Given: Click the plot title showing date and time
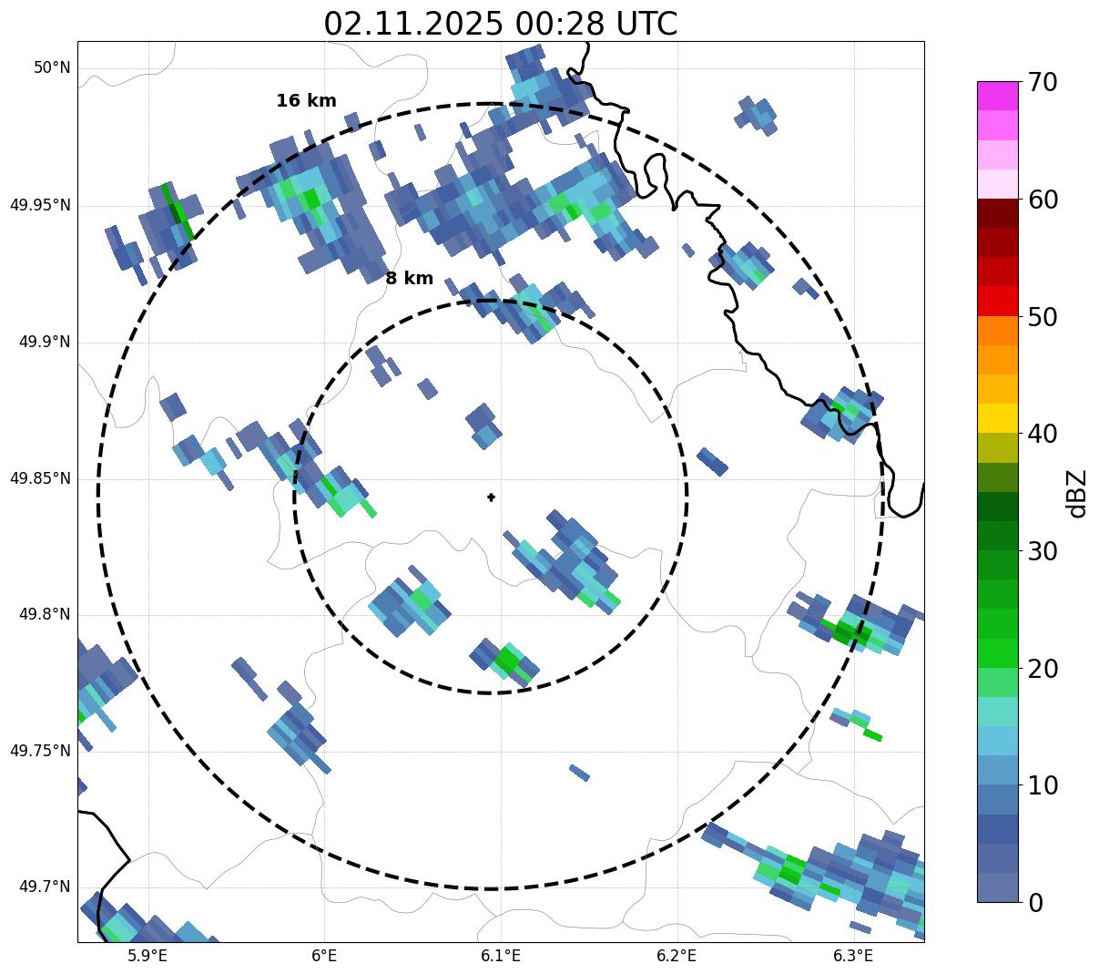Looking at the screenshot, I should [500, 24].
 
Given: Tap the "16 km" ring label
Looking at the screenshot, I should [306, 101].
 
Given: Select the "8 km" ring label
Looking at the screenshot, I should [409, 279].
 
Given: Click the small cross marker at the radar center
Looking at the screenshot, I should [492, 497].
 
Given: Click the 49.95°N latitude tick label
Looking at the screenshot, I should [40, 205].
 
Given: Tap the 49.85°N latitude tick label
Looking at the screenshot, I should [40, 478].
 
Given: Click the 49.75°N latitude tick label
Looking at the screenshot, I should [40, 752].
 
